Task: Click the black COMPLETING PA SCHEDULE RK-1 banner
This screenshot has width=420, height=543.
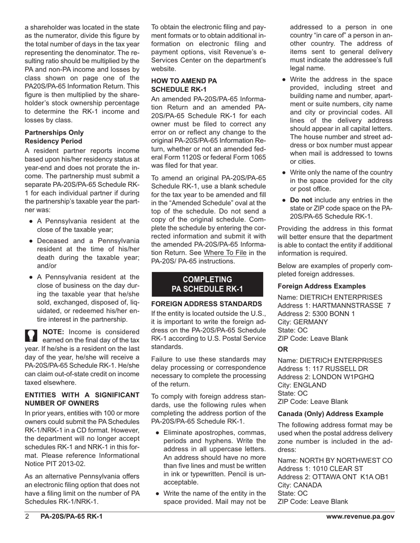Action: click(207, 284)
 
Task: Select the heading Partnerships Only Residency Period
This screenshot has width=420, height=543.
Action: click(54, 137)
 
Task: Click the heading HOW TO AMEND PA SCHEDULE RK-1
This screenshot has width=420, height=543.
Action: click(184, 85)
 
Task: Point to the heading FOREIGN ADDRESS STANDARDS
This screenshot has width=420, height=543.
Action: click(206, 304)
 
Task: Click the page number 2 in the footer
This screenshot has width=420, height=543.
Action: click(27, 517)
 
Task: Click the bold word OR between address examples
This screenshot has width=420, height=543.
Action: click(283, 349)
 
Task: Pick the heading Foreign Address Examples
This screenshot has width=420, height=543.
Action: click(321, 286)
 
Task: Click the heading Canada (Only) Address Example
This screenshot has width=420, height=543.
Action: click(330, 414)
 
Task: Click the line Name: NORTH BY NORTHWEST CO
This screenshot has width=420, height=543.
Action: click(335, 460)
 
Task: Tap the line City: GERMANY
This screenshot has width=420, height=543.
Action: click(303, 322)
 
